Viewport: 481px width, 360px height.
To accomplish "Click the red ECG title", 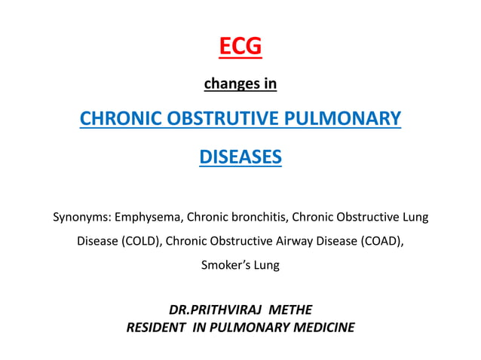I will pos(240,47).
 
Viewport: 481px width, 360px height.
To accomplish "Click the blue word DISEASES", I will pos(240,157).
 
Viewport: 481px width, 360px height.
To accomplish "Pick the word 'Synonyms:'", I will pos(79,218).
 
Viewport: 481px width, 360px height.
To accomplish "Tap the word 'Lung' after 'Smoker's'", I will pos(266,265).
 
